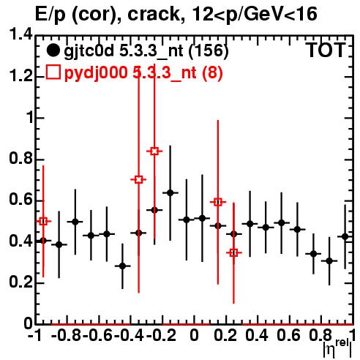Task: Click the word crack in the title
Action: (154, 14)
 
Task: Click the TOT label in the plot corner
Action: (326, 50)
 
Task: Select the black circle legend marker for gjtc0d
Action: (53, 50)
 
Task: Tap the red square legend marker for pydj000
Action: (53, 72)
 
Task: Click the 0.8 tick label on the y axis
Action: (20, 159)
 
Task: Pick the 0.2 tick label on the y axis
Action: (20, 282)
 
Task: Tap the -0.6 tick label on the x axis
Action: (97, 335)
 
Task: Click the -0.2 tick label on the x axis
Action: (161, 335)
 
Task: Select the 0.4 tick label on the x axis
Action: (257, 335)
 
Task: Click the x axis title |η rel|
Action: (337, 349)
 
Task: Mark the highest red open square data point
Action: (154, 151)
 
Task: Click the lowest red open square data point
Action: (233, 253)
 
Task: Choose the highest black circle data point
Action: (170, 193)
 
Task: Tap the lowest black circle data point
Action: (122, 266)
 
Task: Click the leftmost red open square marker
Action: (43, 222)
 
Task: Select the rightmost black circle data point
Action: (345, 236)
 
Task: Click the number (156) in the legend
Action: (209, 51)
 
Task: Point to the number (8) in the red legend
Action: (212, 73)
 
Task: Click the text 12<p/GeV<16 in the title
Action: (255, 14)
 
